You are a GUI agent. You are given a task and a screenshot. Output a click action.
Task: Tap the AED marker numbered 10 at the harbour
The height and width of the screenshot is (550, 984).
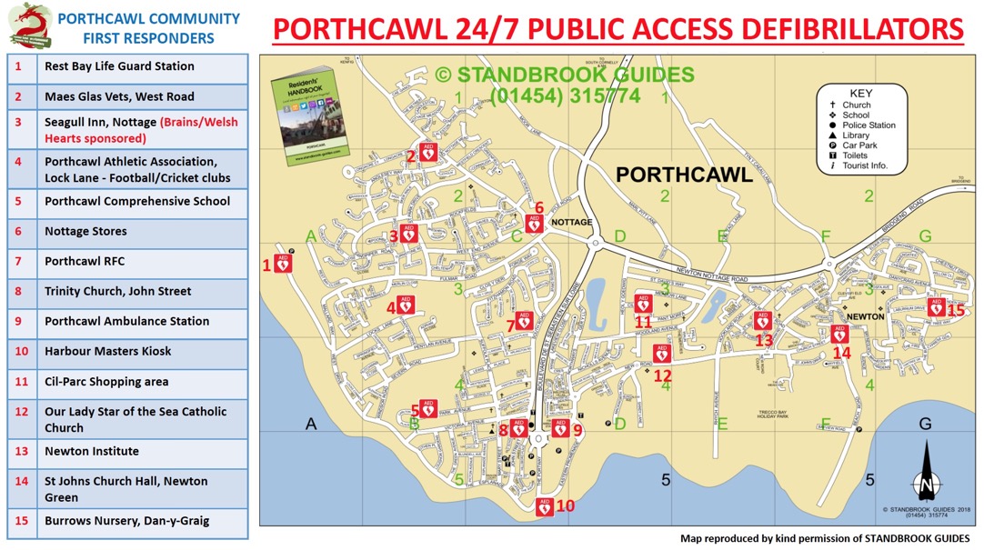pyautogui.click(x=545, y=506)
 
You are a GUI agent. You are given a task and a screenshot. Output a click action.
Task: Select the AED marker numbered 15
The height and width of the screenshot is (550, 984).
pyautogui.click(x=935, y=307)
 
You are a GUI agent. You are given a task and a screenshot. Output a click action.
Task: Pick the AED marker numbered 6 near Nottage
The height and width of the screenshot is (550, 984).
pyautogui.click(x=535, y=223)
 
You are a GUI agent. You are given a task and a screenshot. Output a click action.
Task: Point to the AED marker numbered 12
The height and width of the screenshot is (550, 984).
pyautogui.click(x=662, y=354)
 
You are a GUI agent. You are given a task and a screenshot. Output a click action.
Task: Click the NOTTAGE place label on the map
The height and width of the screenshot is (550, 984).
pyautogui.click(x=572, y=222)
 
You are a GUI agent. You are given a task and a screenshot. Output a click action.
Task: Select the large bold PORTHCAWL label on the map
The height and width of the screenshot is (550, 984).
pyautogui.click(x=684, y=175)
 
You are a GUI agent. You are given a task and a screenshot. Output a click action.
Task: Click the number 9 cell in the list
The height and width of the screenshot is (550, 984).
pyautogui.click(x=19, y=322)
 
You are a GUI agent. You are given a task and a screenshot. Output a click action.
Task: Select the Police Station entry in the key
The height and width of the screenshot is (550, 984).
pyautogui.click(x=869, y=125)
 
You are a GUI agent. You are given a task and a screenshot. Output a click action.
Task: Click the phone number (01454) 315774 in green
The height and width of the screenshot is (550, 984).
pyautogui.click(x=565, y=96)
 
